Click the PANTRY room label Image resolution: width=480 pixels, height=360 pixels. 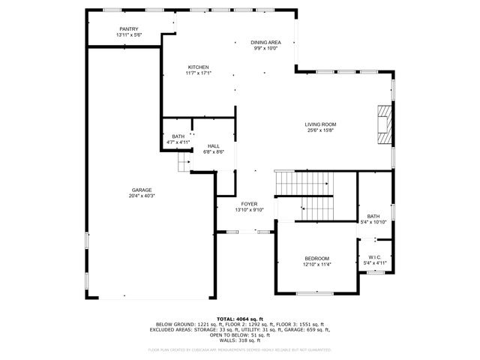[128, 29]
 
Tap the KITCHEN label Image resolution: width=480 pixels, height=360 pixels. [198, 67]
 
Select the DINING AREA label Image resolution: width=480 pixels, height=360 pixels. [265, 42]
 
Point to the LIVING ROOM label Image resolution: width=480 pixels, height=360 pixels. [320, 124]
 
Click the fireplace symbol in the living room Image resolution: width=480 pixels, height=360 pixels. [384, 124]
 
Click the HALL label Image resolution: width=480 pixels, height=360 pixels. [214, 145]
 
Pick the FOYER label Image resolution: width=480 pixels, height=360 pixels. [249, 204]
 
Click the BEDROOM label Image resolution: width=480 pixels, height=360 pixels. [316, 259]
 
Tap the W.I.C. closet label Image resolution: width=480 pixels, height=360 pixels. [373, 258]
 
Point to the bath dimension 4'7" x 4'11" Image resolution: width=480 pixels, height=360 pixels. [178, 142]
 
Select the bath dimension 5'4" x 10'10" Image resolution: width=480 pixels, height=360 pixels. [373, 222]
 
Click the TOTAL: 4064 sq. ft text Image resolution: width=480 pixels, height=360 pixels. [240, 319]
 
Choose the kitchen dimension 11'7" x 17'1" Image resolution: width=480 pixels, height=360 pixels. [198, 73]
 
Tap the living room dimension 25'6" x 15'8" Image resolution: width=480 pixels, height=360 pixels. [320, 130]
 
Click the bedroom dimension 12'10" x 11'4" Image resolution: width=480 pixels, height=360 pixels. [316, 265]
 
